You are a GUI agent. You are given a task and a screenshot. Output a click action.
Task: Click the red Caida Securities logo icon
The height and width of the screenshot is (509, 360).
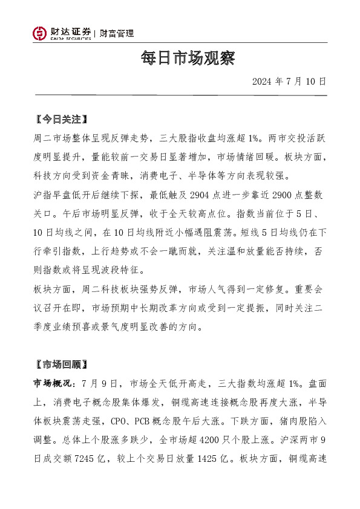[x=39, y=34]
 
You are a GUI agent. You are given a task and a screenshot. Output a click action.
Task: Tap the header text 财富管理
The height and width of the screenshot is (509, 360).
[x=117, y=34]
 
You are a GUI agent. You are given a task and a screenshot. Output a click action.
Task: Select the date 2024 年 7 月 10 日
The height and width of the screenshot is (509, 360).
[x=289, y=81]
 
